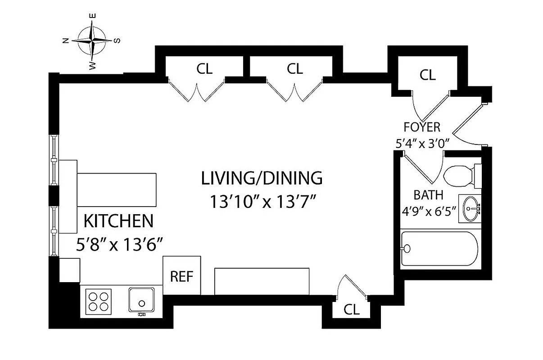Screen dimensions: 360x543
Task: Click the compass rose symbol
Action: coord(92,40)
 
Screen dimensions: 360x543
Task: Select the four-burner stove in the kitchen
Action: coord(98,301)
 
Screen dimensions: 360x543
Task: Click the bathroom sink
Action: coord(470,208)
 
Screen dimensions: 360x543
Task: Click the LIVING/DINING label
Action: coord(262,178)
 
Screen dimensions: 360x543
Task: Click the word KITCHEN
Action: coord(118,221)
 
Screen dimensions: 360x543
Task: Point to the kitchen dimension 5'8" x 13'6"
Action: coord(118,245)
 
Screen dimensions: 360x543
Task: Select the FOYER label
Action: coord(422,127)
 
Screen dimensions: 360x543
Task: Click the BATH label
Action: coord(428,195)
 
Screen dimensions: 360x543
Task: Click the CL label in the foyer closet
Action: coord(427,75)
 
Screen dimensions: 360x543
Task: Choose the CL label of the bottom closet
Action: coord(352,310)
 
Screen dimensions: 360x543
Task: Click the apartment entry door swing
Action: coord(468,126)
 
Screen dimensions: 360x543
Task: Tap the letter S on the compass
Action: coord(118,40)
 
